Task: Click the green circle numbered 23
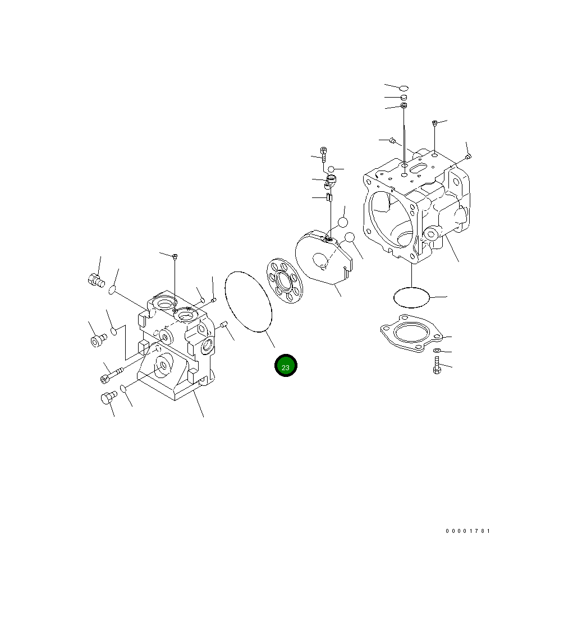pyautogui.click(x=286, y=366)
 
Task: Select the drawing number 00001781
pyautogui.click(x=468, y=531)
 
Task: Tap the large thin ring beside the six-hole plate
pyautogui.click(x=248, y=302)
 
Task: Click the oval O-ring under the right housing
pyautogui.click(x=411, y=297)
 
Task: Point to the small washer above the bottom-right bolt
pyautogui.click(x=437, y=351)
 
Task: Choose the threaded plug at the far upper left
pyautogui.click(x=96, y=279)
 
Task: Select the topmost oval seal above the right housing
pyautogui.click(x=404, y=88)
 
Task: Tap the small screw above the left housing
pyautogui.click(x=175, y=257)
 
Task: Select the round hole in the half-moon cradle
pyautogui.click(x=320, y=259)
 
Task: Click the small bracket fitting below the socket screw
pyautogui.click(x=330, y=181)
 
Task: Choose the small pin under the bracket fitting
pyautogui.click(x=330, y=197)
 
